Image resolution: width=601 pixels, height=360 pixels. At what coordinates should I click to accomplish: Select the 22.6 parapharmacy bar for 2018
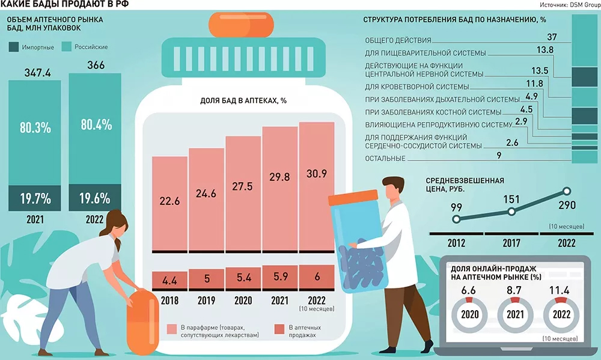169,203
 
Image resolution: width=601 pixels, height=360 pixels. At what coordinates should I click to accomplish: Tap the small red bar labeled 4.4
169,279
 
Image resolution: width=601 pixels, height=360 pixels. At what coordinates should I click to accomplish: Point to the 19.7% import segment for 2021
35,198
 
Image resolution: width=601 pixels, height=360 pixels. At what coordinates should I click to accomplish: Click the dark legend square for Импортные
14,47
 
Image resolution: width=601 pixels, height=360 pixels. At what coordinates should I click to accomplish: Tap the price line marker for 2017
511,212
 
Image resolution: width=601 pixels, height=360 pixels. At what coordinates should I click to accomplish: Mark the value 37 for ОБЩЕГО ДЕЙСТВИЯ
552,38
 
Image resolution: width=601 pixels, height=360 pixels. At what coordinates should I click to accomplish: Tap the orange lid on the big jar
241,23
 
